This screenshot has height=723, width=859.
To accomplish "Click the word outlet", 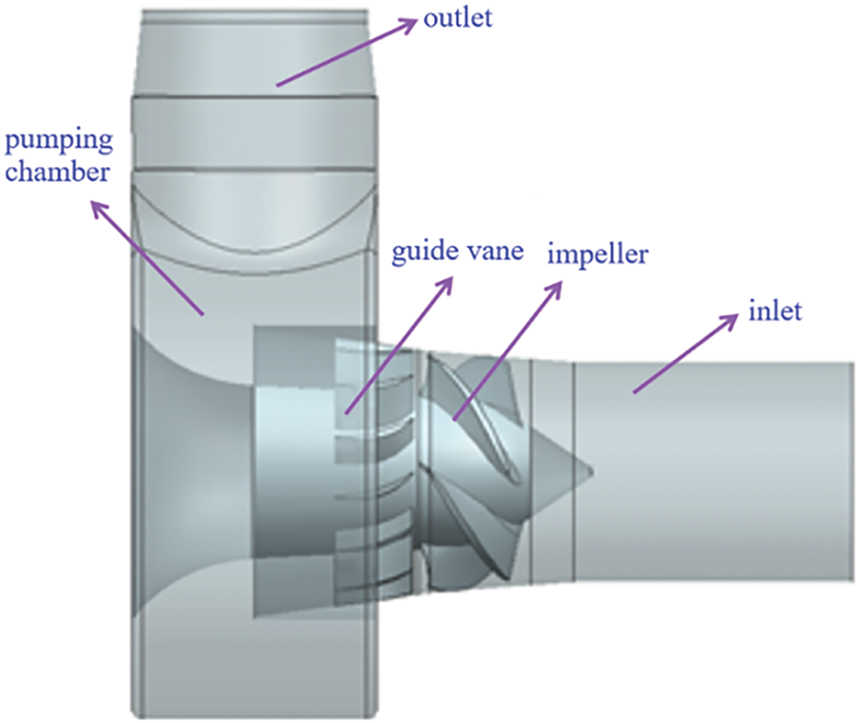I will (x=458, y=18).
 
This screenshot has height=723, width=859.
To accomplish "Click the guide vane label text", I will (x=457, y=252).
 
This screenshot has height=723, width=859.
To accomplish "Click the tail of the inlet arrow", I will (x=634, y=392).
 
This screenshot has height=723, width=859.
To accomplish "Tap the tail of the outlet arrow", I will (x=277, y=86).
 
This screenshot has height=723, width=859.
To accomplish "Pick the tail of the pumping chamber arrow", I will (x=203, y=315).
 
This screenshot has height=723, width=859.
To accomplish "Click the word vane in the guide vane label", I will (x=495, y=252).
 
